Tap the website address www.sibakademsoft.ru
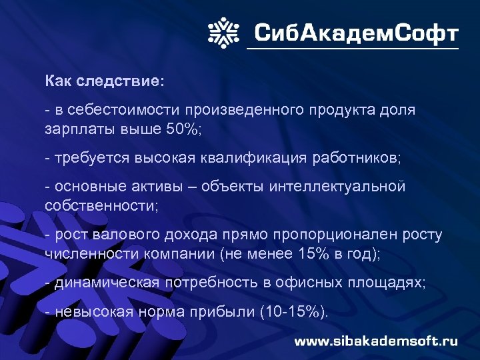coord(376,341)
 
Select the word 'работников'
coord(357,159)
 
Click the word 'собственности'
coord(100,205)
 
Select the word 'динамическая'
coord(107,283)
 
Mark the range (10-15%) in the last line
coord(299,312)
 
